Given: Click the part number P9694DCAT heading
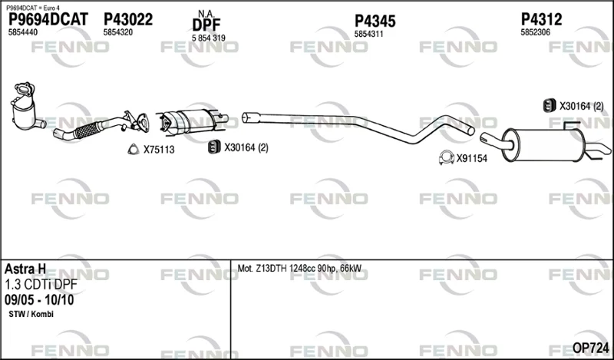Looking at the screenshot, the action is (x=48, y=19).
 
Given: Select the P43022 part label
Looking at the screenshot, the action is (x=128, y=19).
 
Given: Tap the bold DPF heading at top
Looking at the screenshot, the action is (x=206, y=25).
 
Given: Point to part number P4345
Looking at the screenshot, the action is (x=375, y=21).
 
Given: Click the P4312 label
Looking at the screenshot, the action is (x=541, y=19).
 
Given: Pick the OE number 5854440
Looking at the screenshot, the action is (x=23, y=32).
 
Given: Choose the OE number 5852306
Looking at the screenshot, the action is (x=535, y=32).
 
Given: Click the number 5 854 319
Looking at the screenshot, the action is (x=208, y=38).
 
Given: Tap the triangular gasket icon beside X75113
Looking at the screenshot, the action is (x=134, y=149).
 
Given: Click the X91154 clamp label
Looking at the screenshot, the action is (x=472, y=158).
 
